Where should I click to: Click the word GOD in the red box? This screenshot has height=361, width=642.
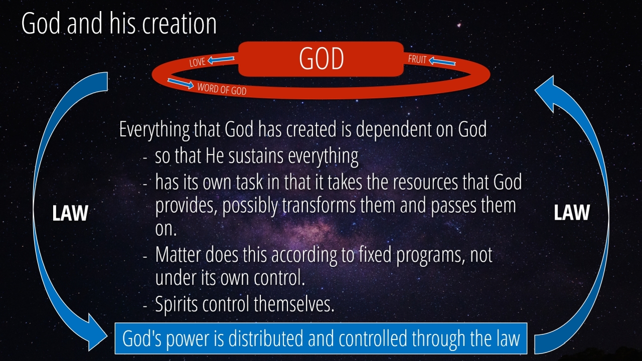322,59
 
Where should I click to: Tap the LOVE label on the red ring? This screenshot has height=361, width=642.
198,62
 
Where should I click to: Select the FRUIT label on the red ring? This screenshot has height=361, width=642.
417,59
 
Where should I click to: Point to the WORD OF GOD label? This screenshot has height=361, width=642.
222,89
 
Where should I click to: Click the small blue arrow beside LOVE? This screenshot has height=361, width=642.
221,60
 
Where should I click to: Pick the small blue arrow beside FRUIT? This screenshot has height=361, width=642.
442,61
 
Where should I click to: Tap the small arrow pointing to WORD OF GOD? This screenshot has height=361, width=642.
181,83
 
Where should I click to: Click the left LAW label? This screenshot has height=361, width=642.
70,213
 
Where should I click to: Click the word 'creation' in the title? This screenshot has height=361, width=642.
180,24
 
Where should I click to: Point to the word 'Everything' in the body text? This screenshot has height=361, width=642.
154,130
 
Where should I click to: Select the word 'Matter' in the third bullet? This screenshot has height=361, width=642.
178,255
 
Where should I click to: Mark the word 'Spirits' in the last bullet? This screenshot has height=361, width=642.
176,304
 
